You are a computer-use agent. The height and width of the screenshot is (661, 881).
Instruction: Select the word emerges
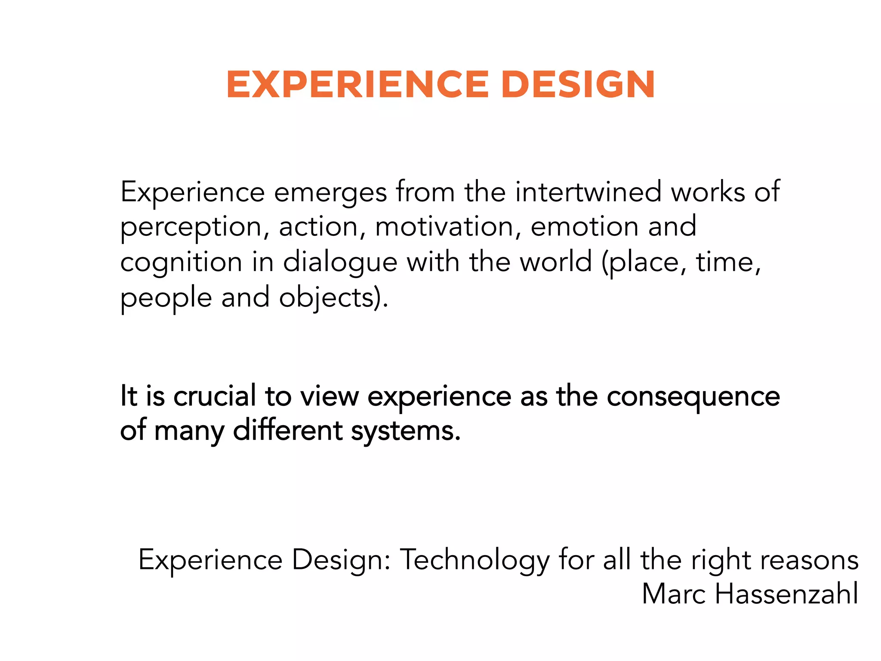tap(330, 193)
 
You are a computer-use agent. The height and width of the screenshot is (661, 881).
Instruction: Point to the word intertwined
tap(588, 192)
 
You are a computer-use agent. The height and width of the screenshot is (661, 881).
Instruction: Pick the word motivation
tap(444, 227)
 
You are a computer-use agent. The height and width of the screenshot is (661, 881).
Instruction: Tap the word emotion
tap(584, 227)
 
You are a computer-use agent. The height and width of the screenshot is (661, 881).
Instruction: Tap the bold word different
tap(287, 430)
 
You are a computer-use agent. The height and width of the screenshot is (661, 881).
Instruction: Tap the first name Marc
tap(673, 594)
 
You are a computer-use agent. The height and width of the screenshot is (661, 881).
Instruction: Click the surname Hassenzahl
tap(786, 594)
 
